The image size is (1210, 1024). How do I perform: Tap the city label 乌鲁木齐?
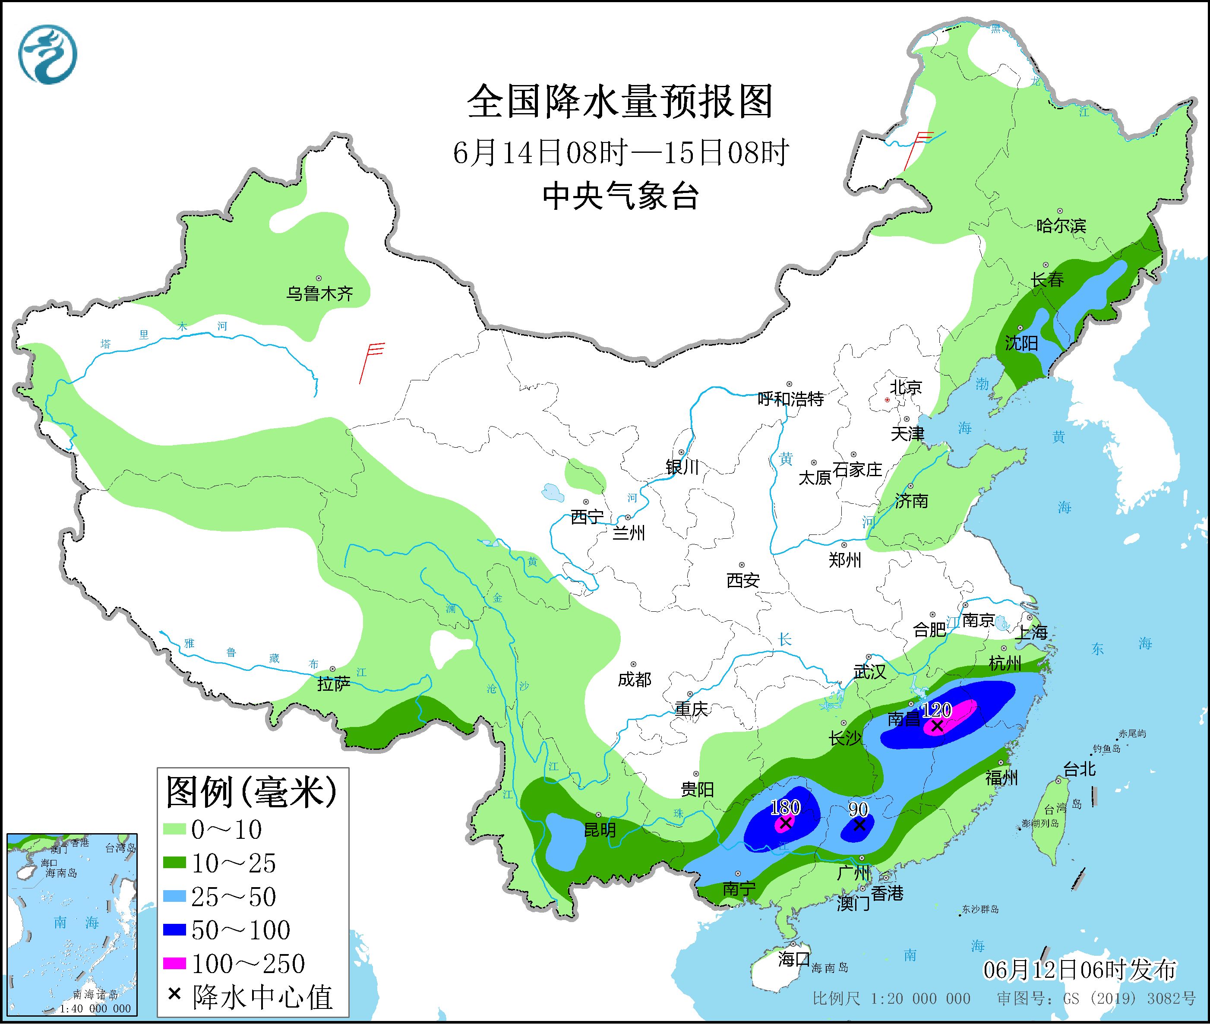click(x=319, y=293)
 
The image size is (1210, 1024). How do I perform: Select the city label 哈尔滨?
click(x=1061, y=225)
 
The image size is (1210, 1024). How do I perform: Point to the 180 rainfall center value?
click(x=785, y=807)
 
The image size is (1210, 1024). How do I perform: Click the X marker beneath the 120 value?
click(x=937, y=726)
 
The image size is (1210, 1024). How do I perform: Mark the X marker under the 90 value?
click(x=859, y=824)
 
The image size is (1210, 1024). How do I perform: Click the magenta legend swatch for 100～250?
click(x=174, y=964)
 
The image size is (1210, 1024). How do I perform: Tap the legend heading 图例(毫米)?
click(x=251, y=792)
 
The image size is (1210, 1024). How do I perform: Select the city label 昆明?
click(x=600, y=830)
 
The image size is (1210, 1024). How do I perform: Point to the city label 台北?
click(x=1079, y=770)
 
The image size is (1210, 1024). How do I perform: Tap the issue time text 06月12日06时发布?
click(x=1080, y=970)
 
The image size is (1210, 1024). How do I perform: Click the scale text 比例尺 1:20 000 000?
click(x=891, y=999)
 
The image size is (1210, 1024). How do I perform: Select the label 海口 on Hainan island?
click(x=794, y=959)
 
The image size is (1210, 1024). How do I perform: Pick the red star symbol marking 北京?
click(x=887, y=400)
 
